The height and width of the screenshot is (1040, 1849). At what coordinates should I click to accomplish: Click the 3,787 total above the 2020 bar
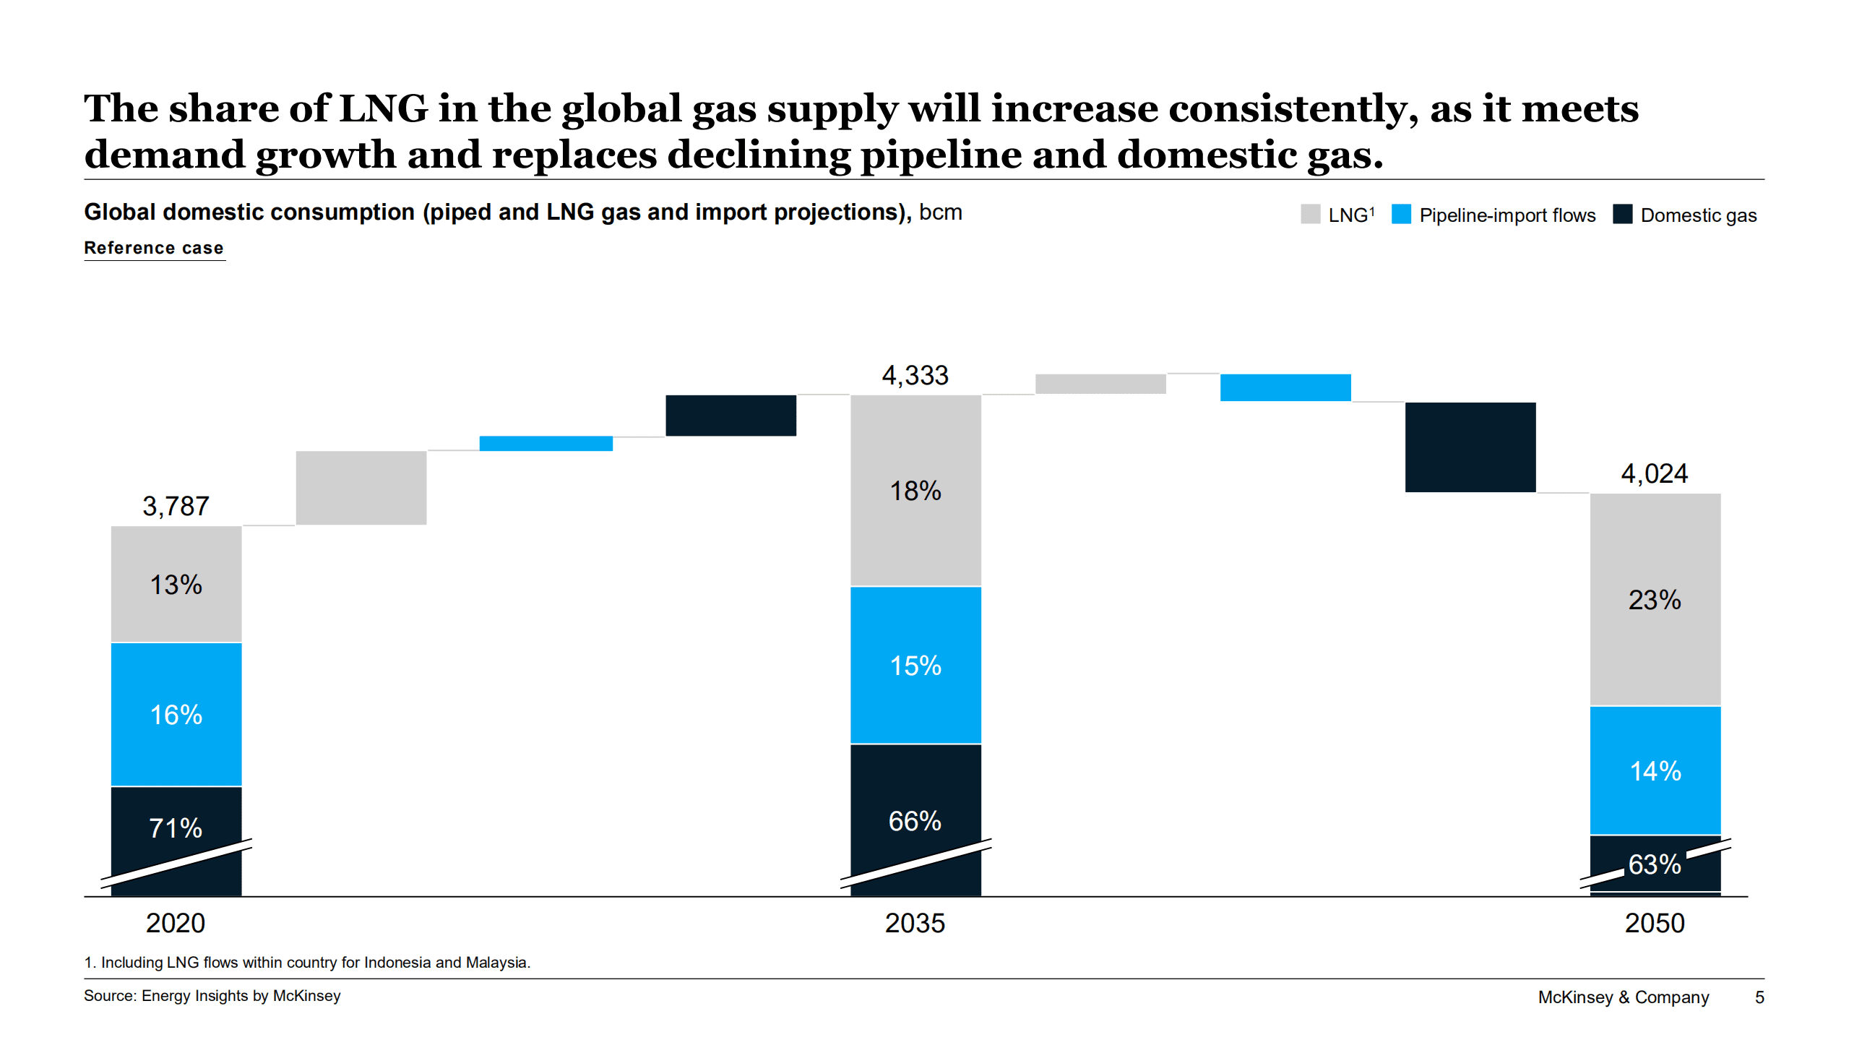(x=176, y=506)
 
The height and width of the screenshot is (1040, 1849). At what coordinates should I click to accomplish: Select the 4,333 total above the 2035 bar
(x=915, y=375)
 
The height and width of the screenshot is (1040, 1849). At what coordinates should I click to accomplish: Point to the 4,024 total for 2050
(x=1654, y=473)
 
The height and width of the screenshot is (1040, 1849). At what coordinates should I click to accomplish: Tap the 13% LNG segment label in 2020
(x=176, y=585)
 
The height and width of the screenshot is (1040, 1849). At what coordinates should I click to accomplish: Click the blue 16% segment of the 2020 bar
(x=176, y=714)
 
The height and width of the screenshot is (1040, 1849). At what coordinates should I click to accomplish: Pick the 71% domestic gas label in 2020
(x=176, y=828)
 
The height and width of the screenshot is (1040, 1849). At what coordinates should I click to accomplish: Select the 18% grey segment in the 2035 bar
(x=915, y=491)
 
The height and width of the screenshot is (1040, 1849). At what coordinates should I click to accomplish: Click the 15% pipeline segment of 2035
(x=915, y=665)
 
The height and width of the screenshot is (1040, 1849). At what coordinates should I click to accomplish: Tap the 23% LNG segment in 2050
(x=1654, y=599)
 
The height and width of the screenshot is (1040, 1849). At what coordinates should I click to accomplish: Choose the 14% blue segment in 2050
(x=1655, y=770)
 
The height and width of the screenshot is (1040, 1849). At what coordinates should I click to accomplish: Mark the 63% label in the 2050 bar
(x=1655, y=864)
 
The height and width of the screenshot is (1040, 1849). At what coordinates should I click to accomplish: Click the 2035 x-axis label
(x=915, y=923)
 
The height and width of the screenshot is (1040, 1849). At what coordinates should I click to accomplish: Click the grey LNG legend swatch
(x=1310, y=215)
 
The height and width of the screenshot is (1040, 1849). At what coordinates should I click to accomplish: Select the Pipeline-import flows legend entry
(x=1507, y=215)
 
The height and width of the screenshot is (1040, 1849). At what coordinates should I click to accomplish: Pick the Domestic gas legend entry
(x=1698, y=215)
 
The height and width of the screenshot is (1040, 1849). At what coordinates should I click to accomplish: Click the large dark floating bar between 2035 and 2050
(x=1470, y=447)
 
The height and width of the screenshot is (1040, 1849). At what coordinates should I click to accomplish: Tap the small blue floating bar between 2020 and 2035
(x=546, y=443)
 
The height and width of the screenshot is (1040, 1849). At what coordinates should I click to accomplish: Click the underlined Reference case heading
(x=154, y=248)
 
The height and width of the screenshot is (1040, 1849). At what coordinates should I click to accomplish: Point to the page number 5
(x=1759, y=997)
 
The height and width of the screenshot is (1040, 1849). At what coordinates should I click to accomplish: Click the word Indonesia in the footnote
(x=397, y=962)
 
